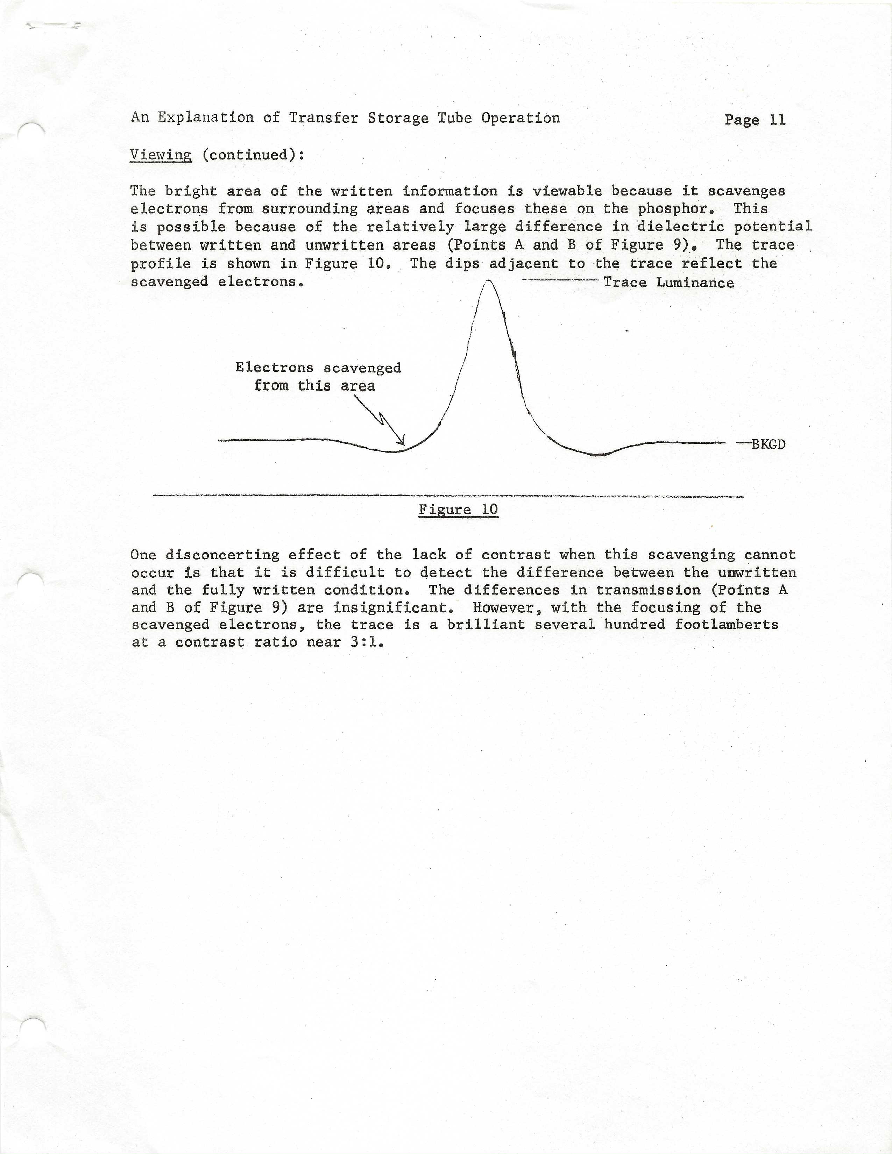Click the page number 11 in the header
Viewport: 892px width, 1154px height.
click(x=777, y=120)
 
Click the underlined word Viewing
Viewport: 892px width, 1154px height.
click(x=161, y=155)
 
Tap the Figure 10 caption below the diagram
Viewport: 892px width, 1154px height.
click(x=458, y=510)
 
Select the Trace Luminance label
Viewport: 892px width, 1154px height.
click(x=668, y=283)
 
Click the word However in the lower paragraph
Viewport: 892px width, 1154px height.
click(x=507, y=608)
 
